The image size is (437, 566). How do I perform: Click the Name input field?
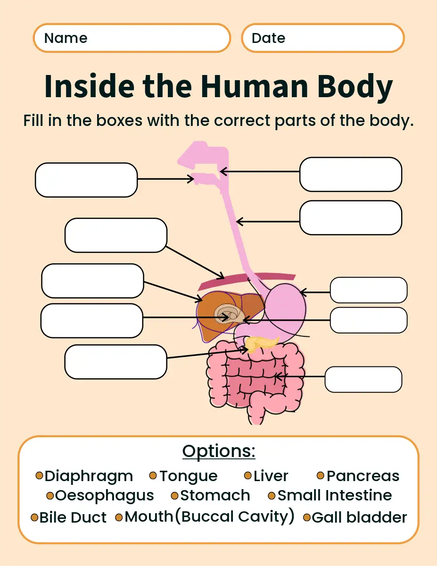(x=132, y=38)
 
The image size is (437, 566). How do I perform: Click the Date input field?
(x=323, y=38)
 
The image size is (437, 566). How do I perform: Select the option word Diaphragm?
(x=89, y=476)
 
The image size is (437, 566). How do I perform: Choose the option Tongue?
(x=188, y=476)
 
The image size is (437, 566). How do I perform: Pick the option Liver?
(x=271, y=476)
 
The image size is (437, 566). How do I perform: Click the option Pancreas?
(x=363, y=476)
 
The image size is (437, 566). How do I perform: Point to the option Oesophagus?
(x=104, y=496)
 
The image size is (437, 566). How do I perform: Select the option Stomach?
(x=215, y=496)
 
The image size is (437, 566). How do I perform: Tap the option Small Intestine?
(x=335, y=496)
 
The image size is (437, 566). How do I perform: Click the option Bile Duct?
(x=73, y=517)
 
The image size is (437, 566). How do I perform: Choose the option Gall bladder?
(x=359, y=517)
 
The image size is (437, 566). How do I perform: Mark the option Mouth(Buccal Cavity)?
(x=209, y=516)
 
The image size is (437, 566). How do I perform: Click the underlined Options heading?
(x=219, y=451)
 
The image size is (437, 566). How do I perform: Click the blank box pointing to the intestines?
(x=363, y=379)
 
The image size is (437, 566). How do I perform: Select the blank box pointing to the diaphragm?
(x=115, y=235)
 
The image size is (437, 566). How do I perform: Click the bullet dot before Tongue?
(x=153, y=475)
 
